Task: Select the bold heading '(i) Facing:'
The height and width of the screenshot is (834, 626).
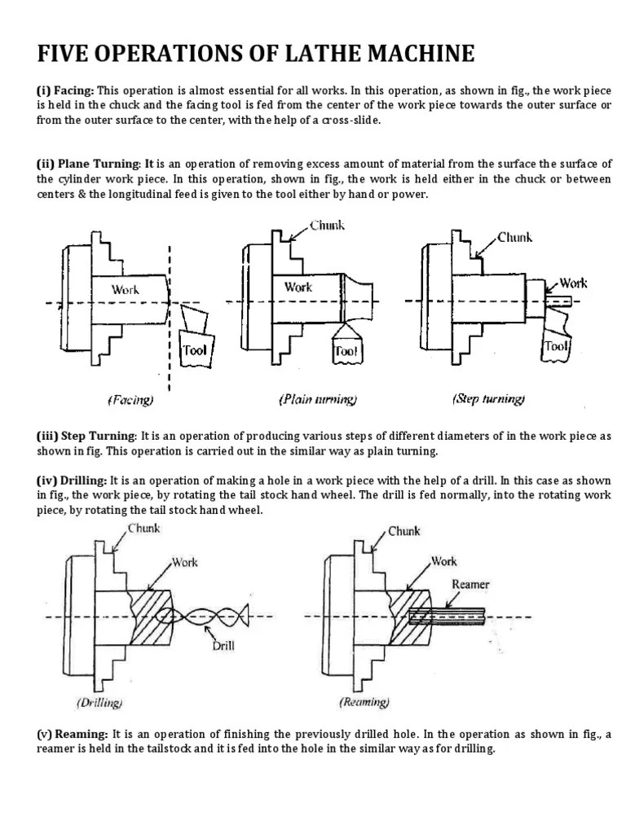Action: [66, 91]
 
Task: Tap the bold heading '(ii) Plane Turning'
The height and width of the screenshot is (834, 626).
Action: [90, 163]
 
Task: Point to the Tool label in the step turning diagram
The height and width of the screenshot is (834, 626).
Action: [555, 346]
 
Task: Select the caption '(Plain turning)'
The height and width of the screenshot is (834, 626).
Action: [318, 400]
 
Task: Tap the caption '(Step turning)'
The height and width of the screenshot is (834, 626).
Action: [488, 399]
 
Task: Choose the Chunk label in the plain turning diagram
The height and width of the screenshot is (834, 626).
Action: [328, 226]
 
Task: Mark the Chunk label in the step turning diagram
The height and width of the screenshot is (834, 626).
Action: [515, 237]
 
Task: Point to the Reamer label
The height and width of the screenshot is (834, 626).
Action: [469, 584]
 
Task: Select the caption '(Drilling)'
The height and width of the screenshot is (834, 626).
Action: [99, 701]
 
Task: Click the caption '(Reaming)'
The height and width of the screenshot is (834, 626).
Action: [364, 701]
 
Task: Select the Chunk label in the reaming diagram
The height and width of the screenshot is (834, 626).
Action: [404, 531]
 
